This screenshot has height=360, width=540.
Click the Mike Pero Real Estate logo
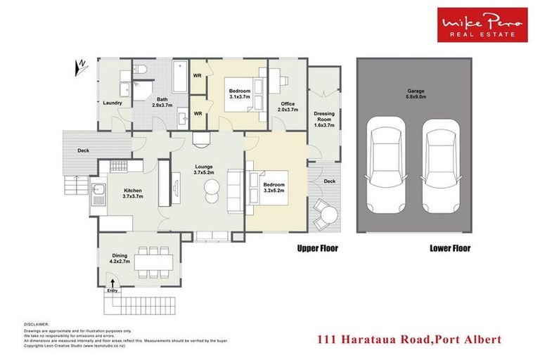coord(482,25)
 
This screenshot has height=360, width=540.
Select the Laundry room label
coord(113,103)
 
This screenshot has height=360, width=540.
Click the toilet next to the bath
coord(141,70)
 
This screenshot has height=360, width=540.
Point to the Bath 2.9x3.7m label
coord(162,102)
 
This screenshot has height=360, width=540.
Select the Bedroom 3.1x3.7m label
coord(240,94)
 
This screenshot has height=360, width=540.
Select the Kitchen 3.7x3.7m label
coord(134,193)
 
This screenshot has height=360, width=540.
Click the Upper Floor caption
coord(317,248)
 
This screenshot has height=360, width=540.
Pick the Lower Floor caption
coord(449,248)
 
